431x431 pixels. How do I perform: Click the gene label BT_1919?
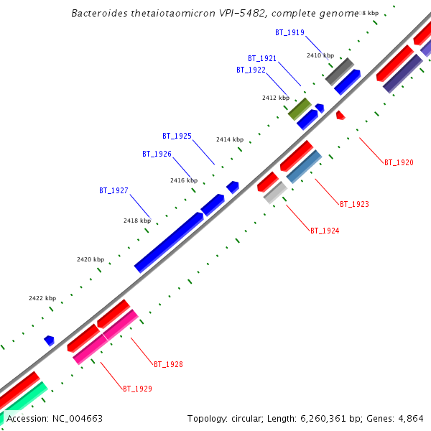(x=289, y=32)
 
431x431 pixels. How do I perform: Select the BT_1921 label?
(x=262, y=58)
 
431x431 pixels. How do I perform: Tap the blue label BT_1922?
(x=251, y=70)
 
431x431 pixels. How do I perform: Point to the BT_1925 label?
(x=177, y=136)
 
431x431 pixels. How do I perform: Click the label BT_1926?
(x=157, y=154)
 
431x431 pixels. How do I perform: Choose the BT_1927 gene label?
(x=113, y=190)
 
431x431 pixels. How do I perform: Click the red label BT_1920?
(x=399, y=162)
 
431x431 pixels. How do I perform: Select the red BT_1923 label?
(x=354, y=204)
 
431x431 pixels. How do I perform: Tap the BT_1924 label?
(x=325, y=231)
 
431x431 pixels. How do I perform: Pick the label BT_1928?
(x=168, y=364)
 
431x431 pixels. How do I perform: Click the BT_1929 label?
(x=137, y=389)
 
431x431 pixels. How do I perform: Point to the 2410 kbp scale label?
(x=320, y=55)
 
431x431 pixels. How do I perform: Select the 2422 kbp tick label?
(x=42, y=297)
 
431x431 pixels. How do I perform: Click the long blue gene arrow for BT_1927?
(x=169, y=242)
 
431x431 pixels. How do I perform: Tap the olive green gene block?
(x=299, y=108)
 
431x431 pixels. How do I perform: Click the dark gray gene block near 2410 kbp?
(x=339, y=72)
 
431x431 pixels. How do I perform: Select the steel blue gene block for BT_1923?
(x=304, y=167)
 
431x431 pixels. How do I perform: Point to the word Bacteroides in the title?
(x=101, y=14)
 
